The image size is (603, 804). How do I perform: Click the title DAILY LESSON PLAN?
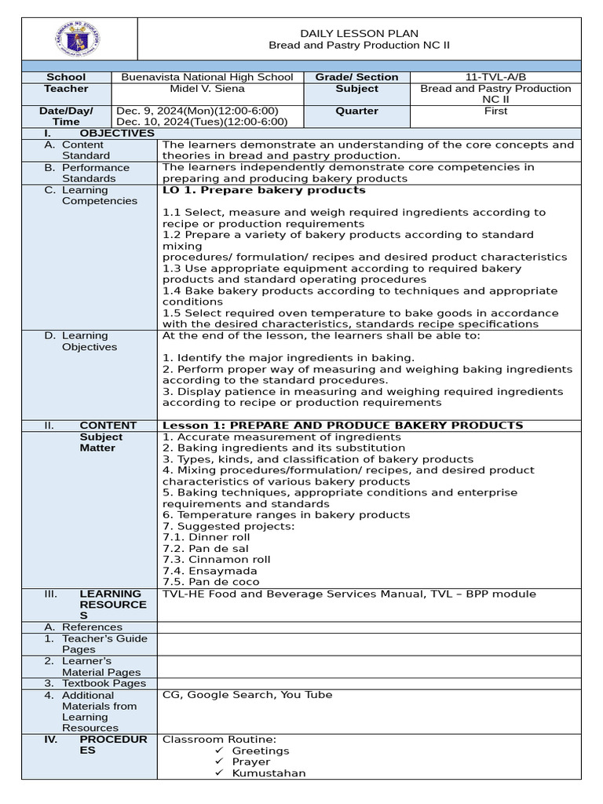[360, 33]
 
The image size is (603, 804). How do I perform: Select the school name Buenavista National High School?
[207, 77]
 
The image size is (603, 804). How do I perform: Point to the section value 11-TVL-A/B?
[496, 77]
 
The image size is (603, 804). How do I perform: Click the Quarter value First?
[496, 111]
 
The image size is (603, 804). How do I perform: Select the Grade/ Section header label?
[357, 77]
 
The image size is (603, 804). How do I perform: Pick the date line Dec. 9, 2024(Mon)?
[197, 111]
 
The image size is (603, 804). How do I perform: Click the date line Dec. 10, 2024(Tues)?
[202, 122]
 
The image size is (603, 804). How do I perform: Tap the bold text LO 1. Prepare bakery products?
[264, 190]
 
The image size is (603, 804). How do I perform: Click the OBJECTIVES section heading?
[117, 133]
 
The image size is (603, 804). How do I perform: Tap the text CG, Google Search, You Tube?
[247, 695]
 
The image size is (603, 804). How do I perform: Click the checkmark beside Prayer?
[219, 762]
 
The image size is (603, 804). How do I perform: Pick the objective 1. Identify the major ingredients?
[288, 358]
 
